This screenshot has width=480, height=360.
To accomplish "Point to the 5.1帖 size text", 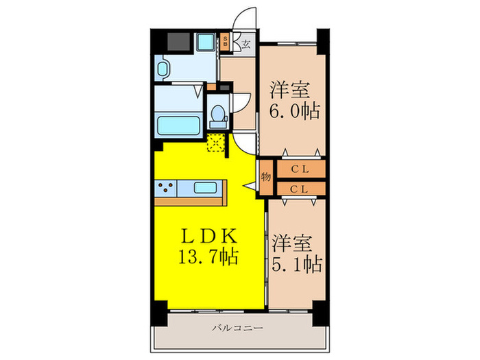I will (x=296, y=263).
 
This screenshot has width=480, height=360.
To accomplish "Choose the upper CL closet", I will (x=300, y=169).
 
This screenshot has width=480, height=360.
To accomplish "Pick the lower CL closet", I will (x=300, y=187).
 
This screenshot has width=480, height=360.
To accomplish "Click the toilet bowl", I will (x=219, y=115).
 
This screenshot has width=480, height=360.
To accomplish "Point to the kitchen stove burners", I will (x=166, y=187).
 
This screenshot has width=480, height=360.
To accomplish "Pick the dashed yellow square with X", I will (x=216, y=143).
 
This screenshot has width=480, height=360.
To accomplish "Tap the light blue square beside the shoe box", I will (x=206, y=42).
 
